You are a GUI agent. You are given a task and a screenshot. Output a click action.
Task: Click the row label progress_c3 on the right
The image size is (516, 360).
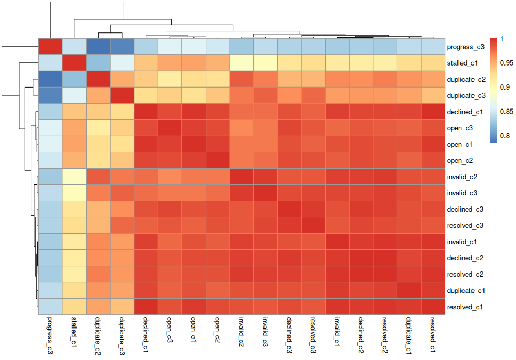(466, 47)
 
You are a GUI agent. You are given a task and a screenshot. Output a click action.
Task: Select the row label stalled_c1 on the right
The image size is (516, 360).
(463, 63)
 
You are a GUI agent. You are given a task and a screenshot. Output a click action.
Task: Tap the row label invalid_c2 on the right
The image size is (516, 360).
(463, 177)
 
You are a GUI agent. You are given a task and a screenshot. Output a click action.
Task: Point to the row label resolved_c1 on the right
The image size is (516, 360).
(465, 307)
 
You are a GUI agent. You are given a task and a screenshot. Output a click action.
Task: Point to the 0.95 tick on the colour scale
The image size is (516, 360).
(506, 63)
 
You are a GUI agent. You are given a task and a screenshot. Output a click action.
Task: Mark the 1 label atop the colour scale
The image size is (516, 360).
(502, 39)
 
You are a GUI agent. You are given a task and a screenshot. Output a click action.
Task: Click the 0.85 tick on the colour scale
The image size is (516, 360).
(506, 112)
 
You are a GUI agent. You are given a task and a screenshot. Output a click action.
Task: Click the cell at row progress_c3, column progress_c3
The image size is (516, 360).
(50, 47)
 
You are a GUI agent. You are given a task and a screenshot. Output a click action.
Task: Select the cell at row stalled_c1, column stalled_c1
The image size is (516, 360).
(74, 63)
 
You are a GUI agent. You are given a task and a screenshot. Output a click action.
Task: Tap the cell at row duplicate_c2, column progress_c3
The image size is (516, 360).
(50, 80)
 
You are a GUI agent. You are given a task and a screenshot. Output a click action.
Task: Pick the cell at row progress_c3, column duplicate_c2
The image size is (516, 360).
(99, 47)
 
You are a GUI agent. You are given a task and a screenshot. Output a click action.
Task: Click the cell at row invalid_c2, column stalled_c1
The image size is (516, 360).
(74, 177)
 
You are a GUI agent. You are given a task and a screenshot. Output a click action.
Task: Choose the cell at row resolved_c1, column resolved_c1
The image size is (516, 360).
(434, 307)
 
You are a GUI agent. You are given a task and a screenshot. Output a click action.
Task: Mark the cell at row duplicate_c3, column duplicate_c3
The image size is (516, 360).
(122, 96)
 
